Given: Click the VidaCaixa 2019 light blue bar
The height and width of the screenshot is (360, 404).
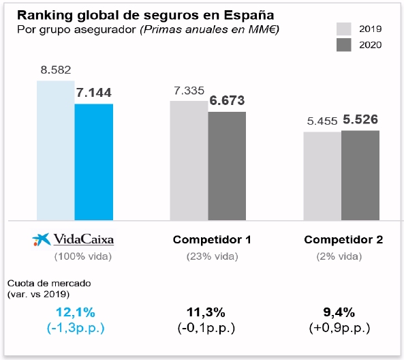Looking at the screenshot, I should click(55, 150).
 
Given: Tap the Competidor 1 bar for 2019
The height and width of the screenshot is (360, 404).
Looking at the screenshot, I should click(188, 160).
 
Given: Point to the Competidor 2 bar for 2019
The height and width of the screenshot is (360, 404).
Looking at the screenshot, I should click(322, 176).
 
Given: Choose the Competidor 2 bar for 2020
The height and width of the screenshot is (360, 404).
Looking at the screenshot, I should click(360, 175).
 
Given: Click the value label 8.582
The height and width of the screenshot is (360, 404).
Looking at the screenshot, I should click(56, 70).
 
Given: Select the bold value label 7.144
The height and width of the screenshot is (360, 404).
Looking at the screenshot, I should click(94, 93).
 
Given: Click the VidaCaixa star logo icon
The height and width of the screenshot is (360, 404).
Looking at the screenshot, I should click(42, 239).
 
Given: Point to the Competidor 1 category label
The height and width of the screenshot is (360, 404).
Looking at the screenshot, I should click(212, 240).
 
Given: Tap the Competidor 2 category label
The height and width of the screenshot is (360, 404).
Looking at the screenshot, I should click(343, 240).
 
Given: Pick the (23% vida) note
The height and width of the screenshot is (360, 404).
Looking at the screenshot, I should click(212, 256).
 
